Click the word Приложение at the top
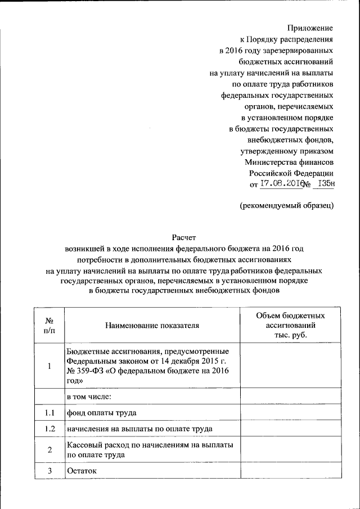point(310,28)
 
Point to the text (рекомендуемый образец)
point(286,205)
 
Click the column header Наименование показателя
point(152,325)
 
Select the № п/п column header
point(49,325)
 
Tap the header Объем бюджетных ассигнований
point(290,325)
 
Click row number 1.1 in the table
point(49,413)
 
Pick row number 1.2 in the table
point(49,429)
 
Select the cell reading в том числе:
point(89,397)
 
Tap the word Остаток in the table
point(82,470)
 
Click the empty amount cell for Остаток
point(290,470)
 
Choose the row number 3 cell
point(49,470)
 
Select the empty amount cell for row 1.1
point(290,413)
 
